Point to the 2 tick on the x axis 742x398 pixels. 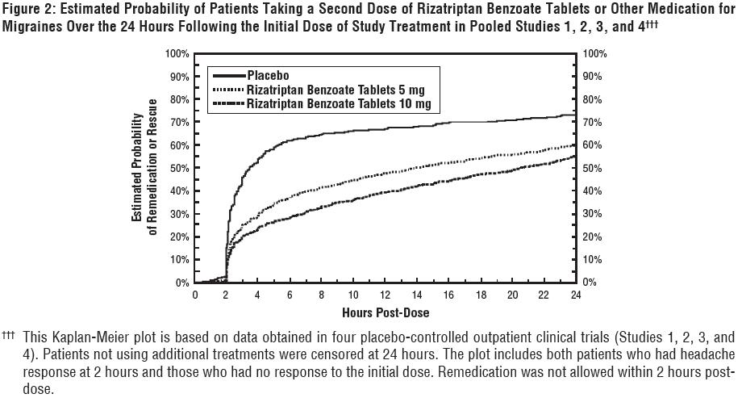tap(227, 295)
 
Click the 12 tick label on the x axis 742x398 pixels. tap(386, 295)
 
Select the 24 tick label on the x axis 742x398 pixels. tap(576, 295)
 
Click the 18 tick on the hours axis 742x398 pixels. tap(481, 295)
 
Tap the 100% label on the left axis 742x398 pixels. tap(177, 53)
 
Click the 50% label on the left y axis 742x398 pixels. tap(180, 168)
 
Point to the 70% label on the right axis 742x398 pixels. tap(593, 123)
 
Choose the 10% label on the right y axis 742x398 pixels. tap(593, 260)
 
